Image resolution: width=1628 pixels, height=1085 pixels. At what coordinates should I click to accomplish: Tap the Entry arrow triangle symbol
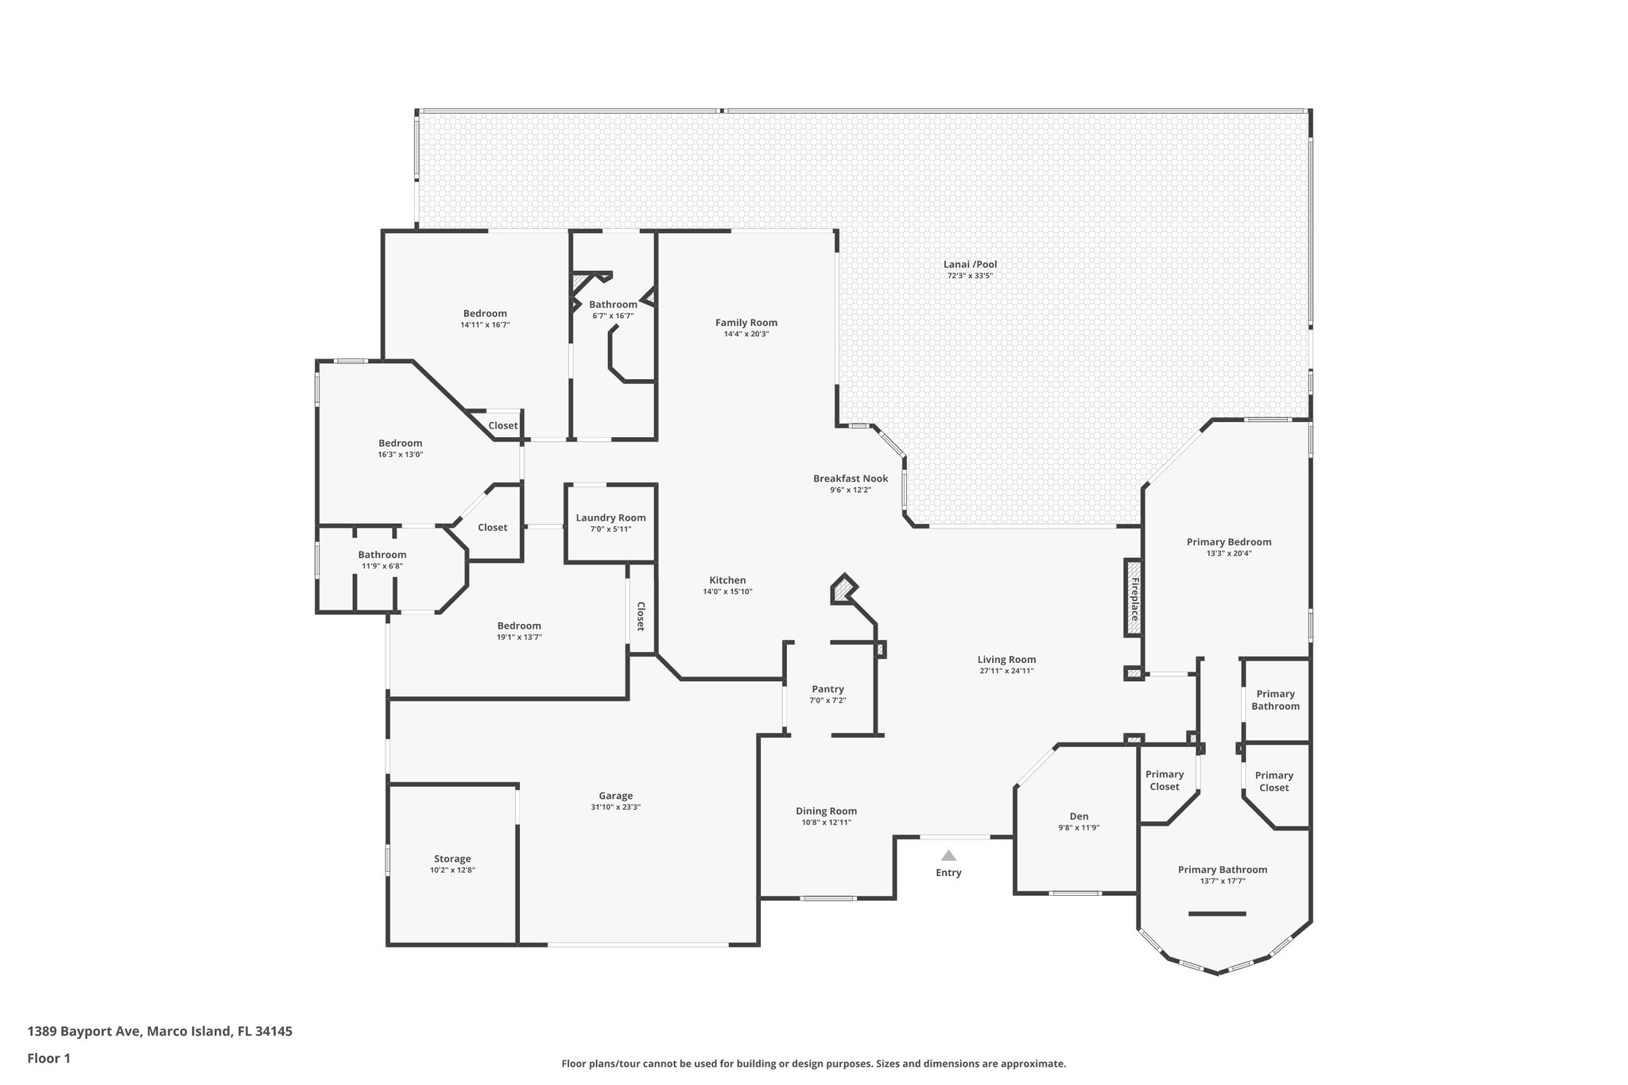coord(948,855)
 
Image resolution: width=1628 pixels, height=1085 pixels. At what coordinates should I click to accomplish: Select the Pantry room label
coord(828,689)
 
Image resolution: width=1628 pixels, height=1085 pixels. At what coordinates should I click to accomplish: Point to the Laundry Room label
coord(610,517)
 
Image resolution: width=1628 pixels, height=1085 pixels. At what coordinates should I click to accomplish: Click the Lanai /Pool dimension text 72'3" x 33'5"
coord(970,276)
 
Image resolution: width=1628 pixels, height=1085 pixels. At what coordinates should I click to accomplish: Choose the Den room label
coord(1079,816)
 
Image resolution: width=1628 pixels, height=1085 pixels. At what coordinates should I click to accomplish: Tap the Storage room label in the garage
coord(452,858)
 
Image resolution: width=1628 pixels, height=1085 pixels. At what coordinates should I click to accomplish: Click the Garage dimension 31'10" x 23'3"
coord(615,807)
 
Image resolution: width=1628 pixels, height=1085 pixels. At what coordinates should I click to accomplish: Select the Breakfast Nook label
coord(851,479)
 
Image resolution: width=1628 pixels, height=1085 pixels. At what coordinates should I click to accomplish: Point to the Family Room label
coord(746,323)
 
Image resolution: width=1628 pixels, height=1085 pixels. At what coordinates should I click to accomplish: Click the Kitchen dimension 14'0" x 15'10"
coord(727,591)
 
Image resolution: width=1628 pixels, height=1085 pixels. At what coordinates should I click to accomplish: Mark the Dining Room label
coord(826,811)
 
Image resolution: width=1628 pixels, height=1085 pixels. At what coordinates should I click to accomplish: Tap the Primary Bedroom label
coord(1228,542)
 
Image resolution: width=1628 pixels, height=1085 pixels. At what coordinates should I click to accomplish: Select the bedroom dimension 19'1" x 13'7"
coord(519,637)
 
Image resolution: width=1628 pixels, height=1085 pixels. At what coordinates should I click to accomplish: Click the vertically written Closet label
coord(641,616)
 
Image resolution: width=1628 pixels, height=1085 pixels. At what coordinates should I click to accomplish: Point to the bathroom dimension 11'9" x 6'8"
coord(382,566)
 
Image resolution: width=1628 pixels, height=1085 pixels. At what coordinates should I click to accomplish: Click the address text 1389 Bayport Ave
coord(85,1031)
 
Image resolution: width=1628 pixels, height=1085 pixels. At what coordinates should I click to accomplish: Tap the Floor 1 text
coord(49,1058)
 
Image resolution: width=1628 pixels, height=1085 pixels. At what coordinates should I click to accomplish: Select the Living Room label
coord(1006,659)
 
